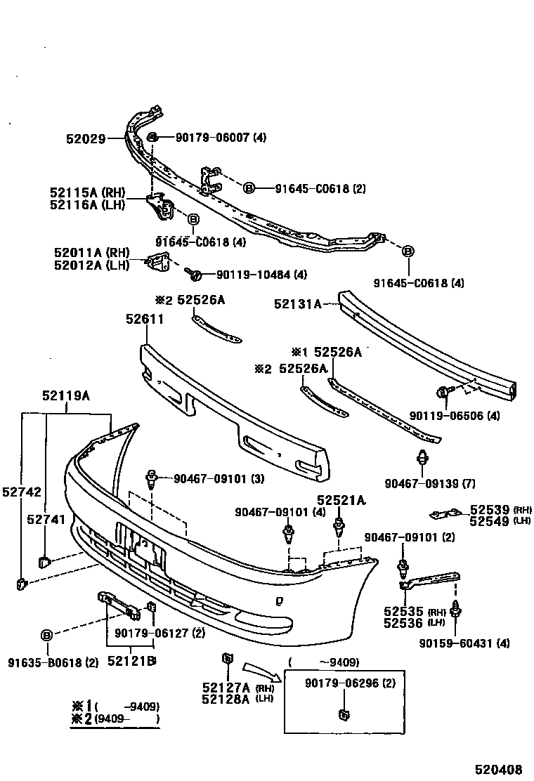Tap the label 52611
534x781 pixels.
(145, 319)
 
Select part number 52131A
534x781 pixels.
(298, 304)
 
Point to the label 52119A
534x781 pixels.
(65, 396)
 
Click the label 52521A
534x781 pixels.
(341, 501)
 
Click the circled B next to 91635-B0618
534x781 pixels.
(46, 635)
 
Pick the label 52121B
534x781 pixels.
(131, 661)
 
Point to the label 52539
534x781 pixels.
(483, 511)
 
